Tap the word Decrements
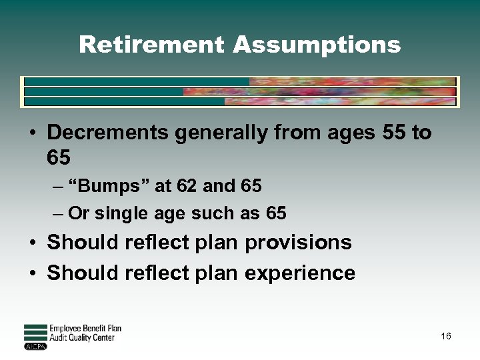click(108, 133)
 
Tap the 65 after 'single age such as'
click(276, 213)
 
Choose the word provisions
click(298, 243)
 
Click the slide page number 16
click(445, 336)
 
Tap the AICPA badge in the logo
click(35, 347)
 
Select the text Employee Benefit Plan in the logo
click(85, 329)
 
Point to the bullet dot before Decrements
click(31, 133)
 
